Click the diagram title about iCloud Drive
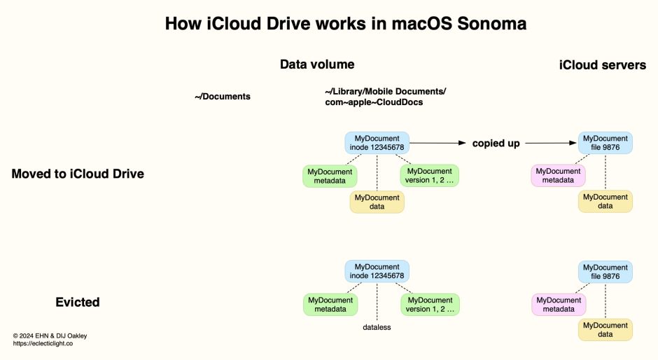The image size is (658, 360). [x=345, y=24]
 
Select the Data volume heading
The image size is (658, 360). [x=317, y=64]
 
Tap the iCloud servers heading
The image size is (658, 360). [x=602, y=65]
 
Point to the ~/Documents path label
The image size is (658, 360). [x=223, y=97]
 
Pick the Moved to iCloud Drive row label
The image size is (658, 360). [x=78, y=174]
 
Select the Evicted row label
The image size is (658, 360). [x=78, y=303]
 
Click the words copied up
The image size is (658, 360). [x=496, y=143]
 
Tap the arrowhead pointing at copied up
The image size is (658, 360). [x=462, y=143]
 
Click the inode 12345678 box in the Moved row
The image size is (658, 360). [x=377, y=143]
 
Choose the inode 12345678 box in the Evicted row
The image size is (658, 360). [x=377, y=272]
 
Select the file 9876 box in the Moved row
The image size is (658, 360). [x=605, y=143]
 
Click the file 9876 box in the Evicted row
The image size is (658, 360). [x=605, y=272]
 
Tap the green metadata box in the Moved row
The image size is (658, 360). [x=329, y=176]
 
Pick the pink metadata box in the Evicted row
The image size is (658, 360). [x=559, y=305]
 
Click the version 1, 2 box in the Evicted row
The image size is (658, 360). [x=429, y=305]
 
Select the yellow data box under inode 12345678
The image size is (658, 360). [x=377, y=202]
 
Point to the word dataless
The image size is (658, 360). [x=377, y=327]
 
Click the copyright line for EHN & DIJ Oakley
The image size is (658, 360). [x=50, y=335]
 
